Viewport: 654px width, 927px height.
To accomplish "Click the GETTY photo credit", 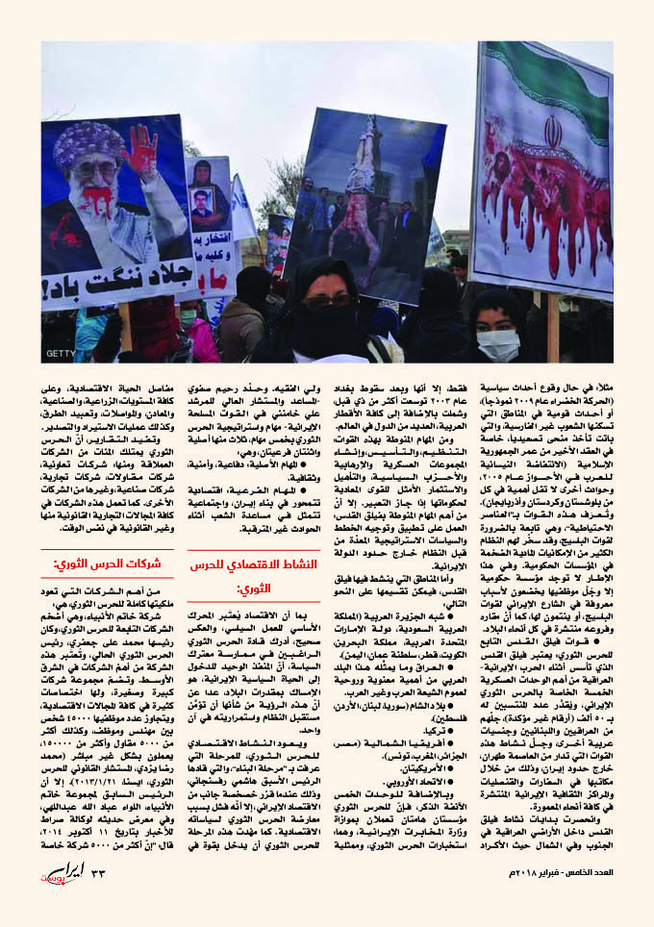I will click(60, 353).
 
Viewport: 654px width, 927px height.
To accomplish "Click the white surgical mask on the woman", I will click(497, 343).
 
